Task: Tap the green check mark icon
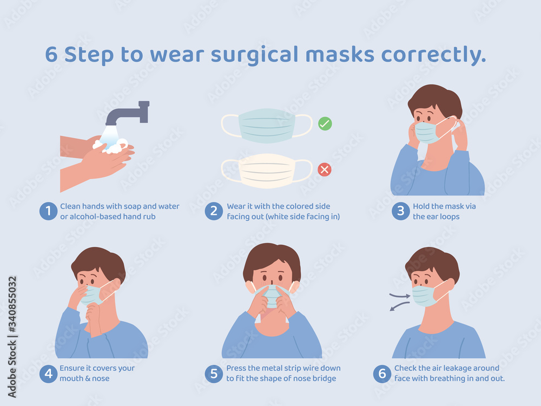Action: (325, 123)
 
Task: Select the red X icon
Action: (325, 170)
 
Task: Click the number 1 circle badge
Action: (48, 211)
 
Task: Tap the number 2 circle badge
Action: (214, 211)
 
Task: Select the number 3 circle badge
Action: (401, 211)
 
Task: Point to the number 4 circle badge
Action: (48, 373)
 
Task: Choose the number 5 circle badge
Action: (214, 373)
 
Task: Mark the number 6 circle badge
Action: (382, 373)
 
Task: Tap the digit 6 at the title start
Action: (51, 55)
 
